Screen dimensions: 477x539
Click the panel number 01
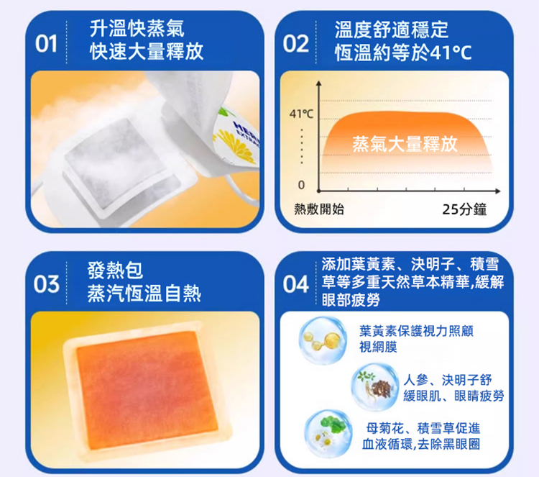tap(46, 44)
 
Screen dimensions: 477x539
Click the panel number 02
tap(296, 44)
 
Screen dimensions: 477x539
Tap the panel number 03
tap(46, 284)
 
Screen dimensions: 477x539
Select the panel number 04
tap(295, 284)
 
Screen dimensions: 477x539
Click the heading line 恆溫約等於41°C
tap(403, 53)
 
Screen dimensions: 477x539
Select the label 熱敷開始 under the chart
tap(319, 209)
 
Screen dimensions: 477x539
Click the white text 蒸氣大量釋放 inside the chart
tap(405, 144)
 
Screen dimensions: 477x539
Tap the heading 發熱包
tap(115, 271)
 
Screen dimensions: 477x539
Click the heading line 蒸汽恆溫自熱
tap(144, 294)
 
